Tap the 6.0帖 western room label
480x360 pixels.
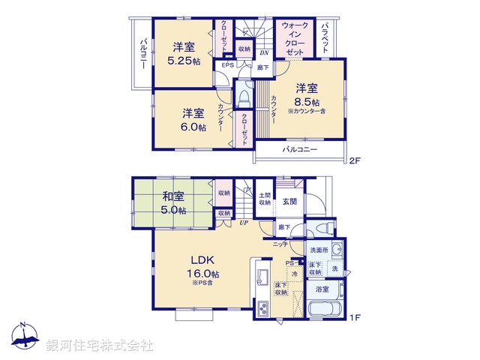point(193,127)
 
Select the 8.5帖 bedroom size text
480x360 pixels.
point(307,102)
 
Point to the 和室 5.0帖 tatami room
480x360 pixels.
point(174,204)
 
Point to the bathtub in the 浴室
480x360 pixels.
point(325,309)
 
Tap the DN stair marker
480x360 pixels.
point(264,53)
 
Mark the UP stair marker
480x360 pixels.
point(244,223)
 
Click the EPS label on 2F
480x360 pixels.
point(227,65)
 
